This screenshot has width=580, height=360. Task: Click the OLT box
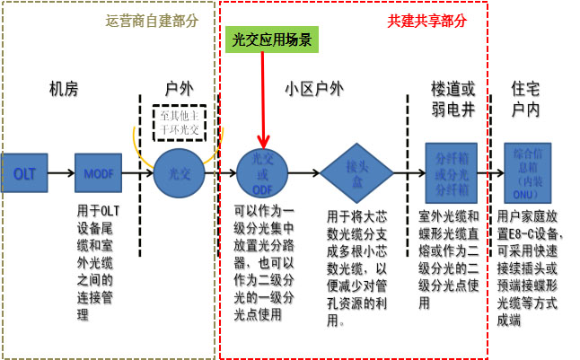coord(24,173)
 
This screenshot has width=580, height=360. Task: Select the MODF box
coord(97,172)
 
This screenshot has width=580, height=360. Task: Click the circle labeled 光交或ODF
coord(262,172)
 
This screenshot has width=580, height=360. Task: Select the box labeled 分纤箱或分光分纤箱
coord(452,172)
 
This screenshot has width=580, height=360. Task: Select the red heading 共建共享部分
coord(427,19)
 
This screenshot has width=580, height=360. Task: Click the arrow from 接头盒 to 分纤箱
coord(403,172)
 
